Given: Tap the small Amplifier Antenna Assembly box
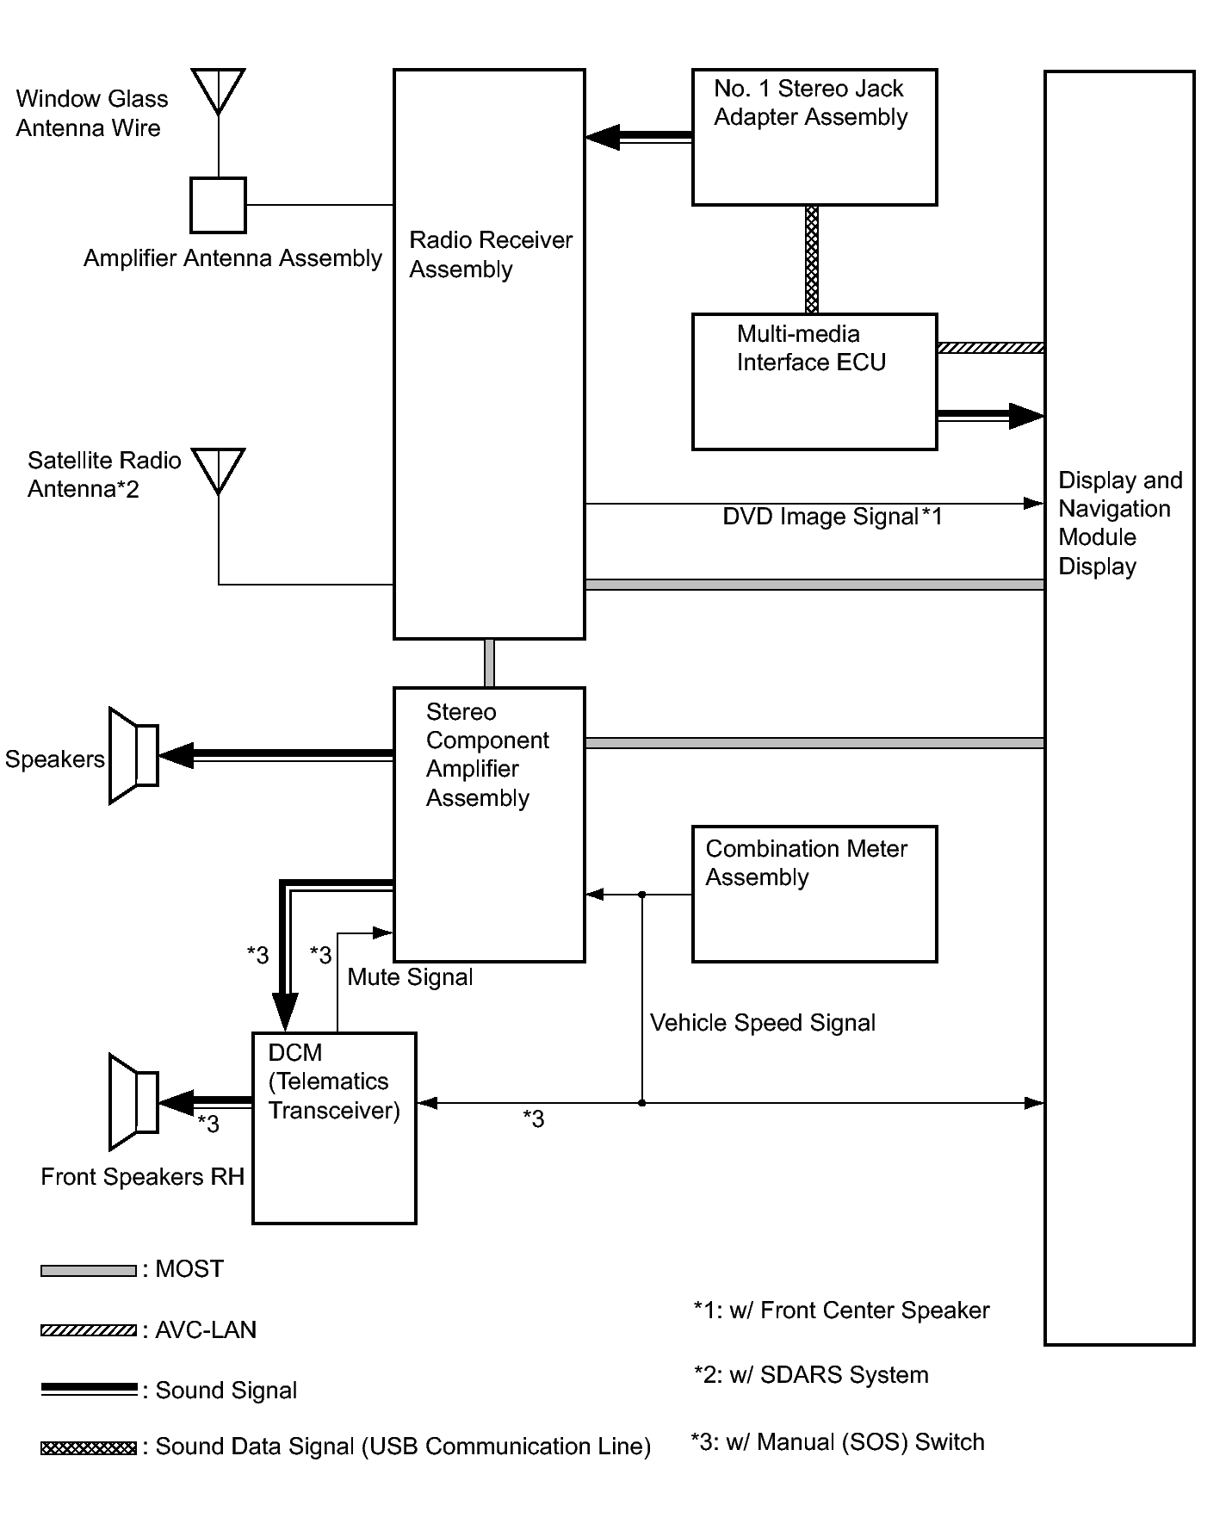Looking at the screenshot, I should pos(218,205).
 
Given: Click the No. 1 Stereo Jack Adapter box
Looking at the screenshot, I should pos(814,138).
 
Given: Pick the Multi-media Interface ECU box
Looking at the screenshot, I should pos(814,381).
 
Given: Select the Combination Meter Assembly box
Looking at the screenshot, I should pos(814,894).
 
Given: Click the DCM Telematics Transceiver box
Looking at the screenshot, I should pos(334,1127).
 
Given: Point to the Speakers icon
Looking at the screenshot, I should pos(133,756).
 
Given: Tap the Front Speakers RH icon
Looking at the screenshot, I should pos(133,1102).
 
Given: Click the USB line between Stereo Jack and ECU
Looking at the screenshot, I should pos(812,259).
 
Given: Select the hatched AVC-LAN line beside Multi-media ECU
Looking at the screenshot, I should pos(990,348).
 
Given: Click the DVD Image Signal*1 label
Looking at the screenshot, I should pos(832,517).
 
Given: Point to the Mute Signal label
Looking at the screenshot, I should pos(410,977).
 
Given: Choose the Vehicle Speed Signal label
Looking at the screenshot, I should pos(762,1023).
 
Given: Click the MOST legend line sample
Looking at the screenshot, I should pos(89,1270).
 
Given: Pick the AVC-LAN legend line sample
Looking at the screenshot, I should pos(89,1330).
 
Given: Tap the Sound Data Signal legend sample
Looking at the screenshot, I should pos(89,1447).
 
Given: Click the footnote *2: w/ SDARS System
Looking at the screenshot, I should pos(810,1375).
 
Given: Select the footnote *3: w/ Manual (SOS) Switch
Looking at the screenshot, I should pos(837,1442).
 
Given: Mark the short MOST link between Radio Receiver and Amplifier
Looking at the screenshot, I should pos(489,663).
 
